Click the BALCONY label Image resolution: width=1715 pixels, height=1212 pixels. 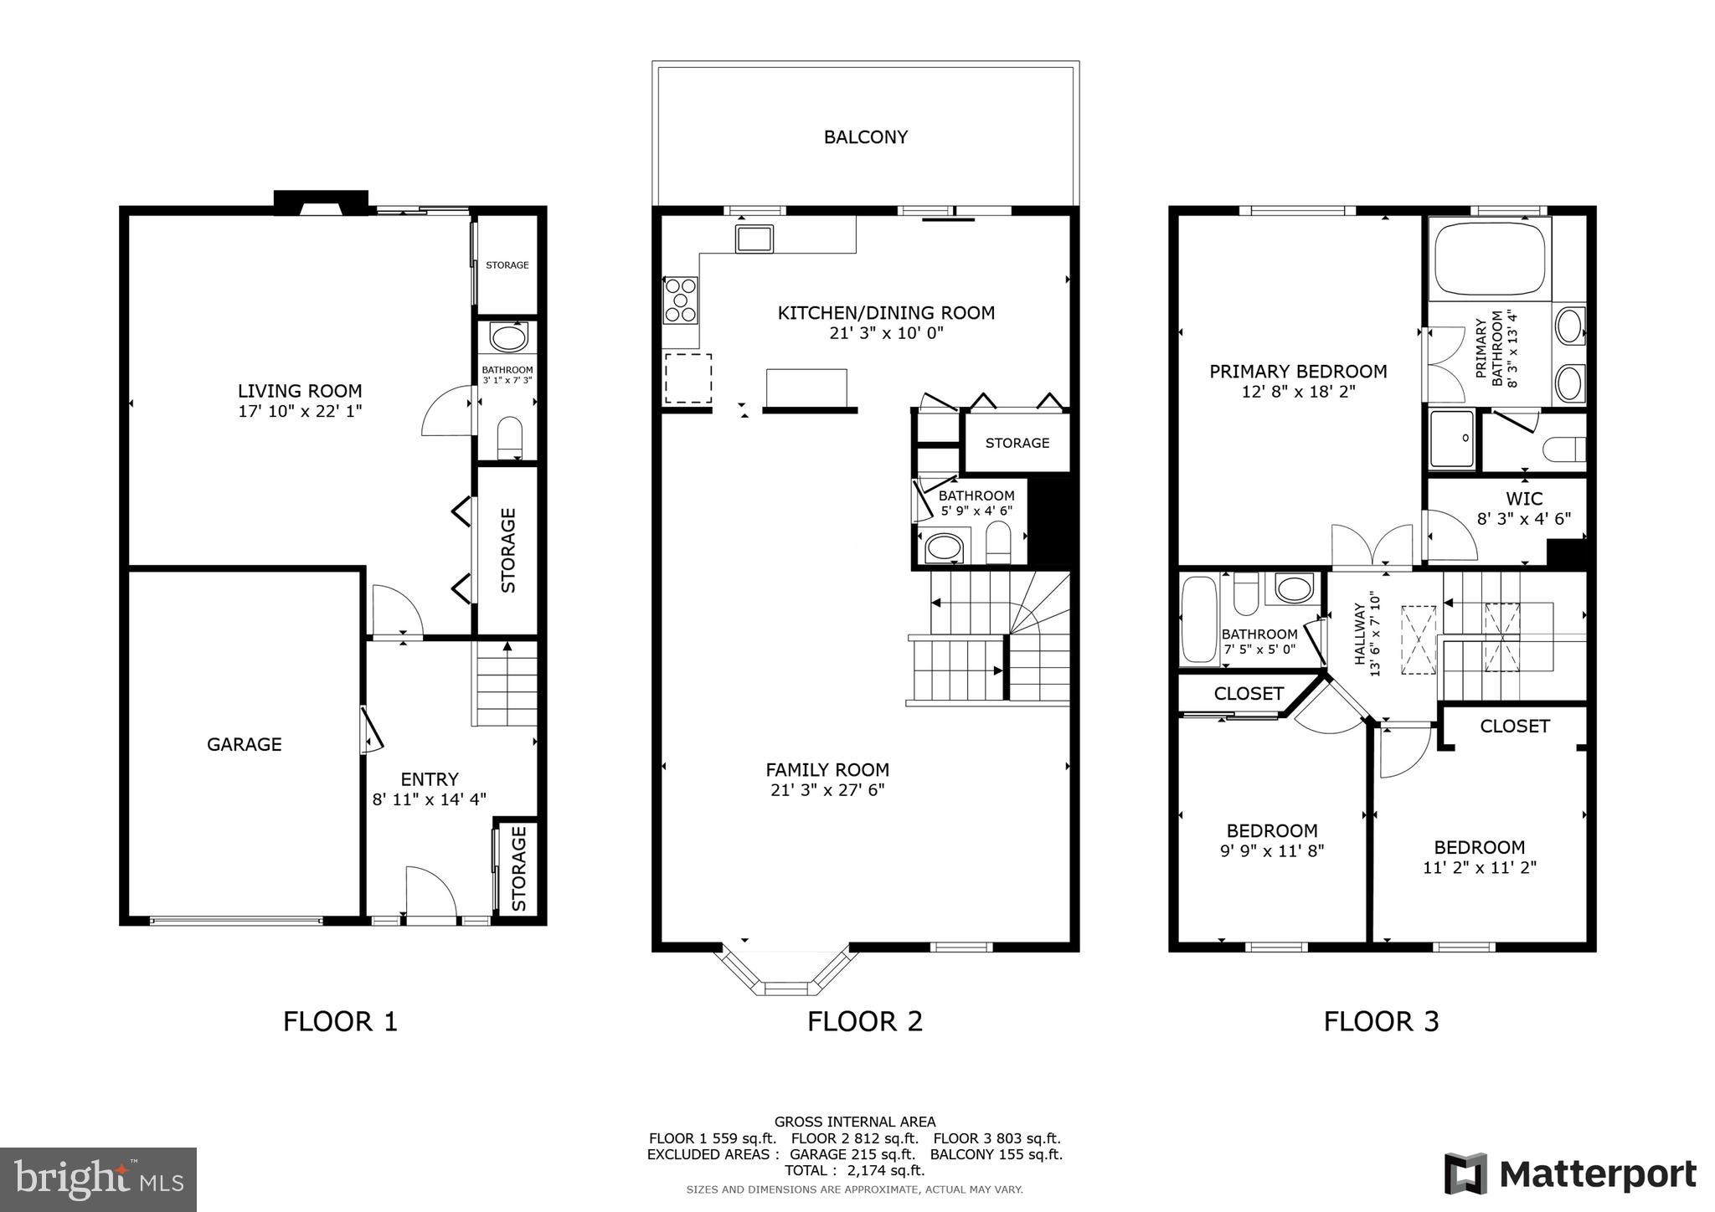(865, 137)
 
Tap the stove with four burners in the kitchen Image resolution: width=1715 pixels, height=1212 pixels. (680, 300)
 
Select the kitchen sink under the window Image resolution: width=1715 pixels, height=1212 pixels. (754, 239)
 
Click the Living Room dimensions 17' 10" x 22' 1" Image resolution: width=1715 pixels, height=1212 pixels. (300, 411)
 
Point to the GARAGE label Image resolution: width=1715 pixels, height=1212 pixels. (245, 744)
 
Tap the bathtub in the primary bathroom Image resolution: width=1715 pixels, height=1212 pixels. (1489, 257)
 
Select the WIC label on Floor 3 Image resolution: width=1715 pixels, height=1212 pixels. (1523, 499)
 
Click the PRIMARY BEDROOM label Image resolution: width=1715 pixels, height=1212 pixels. (1298, 371)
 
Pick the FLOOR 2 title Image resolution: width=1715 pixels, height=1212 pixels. (864, 1021)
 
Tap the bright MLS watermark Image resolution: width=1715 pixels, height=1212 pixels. (98, 1179)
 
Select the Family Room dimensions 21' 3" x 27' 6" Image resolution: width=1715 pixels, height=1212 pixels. (827, 790)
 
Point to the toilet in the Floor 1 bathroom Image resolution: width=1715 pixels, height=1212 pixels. (509, 438)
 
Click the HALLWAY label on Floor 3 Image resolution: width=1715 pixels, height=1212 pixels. (1366, 634)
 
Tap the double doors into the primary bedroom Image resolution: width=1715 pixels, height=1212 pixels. (1373, 548)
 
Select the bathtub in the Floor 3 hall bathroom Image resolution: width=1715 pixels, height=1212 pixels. (1198, 620)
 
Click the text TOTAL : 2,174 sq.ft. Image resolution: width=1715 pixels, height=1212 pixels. (854, 1170)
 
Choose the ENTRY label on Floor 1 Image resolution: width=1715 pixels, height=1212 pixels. (429, 779)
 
